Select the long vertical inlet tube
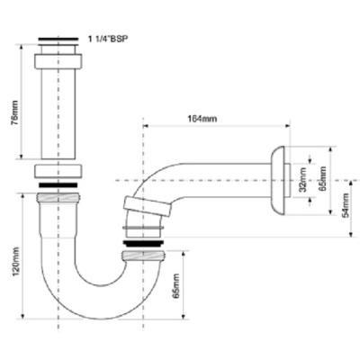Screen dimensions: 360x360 point(58,113)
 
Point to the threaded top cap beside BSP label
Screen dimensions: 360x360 point(59,42)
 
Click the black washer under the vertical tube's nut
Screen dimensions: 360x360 point(58,184)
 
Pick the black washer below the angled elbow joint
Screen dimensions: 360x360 point(141,241)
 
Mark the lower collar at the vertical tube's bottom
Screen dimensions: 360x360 point(58,172)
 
